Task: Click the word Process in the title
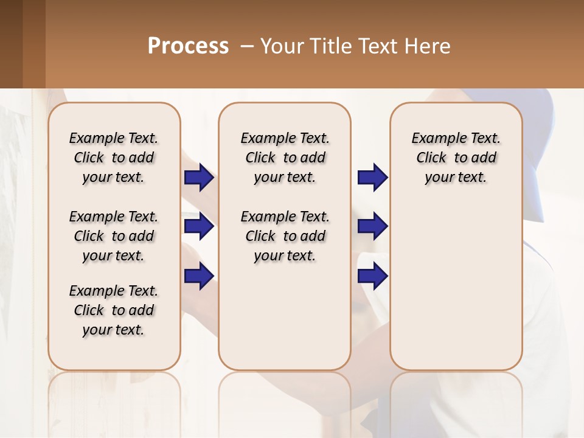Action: point(188,46)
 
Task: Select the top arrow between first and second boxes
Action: point(200,177)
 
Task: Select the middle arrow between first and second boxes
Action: point(200,227)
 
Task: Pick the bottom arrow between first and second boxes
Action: point(200,276)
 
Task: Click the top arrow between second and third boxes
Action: point(372,177)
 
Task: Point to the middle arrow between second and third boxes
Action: point(372,227)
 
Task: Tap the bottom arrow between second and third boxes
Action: point(372,276)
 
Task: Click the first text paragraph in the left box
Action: point(114,158)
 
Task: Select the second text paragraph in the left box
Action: point(114,236)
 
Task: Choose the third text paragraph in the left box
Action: point(114,310)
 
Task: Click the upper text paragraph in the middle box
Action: point(285,158)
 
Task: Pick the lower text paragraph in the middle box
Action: point(285,236)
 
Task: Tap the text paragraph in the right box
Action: point(456,158)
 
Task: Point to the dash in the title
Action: point(247,46)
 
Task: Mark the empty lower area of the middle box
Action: point(285,316)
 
